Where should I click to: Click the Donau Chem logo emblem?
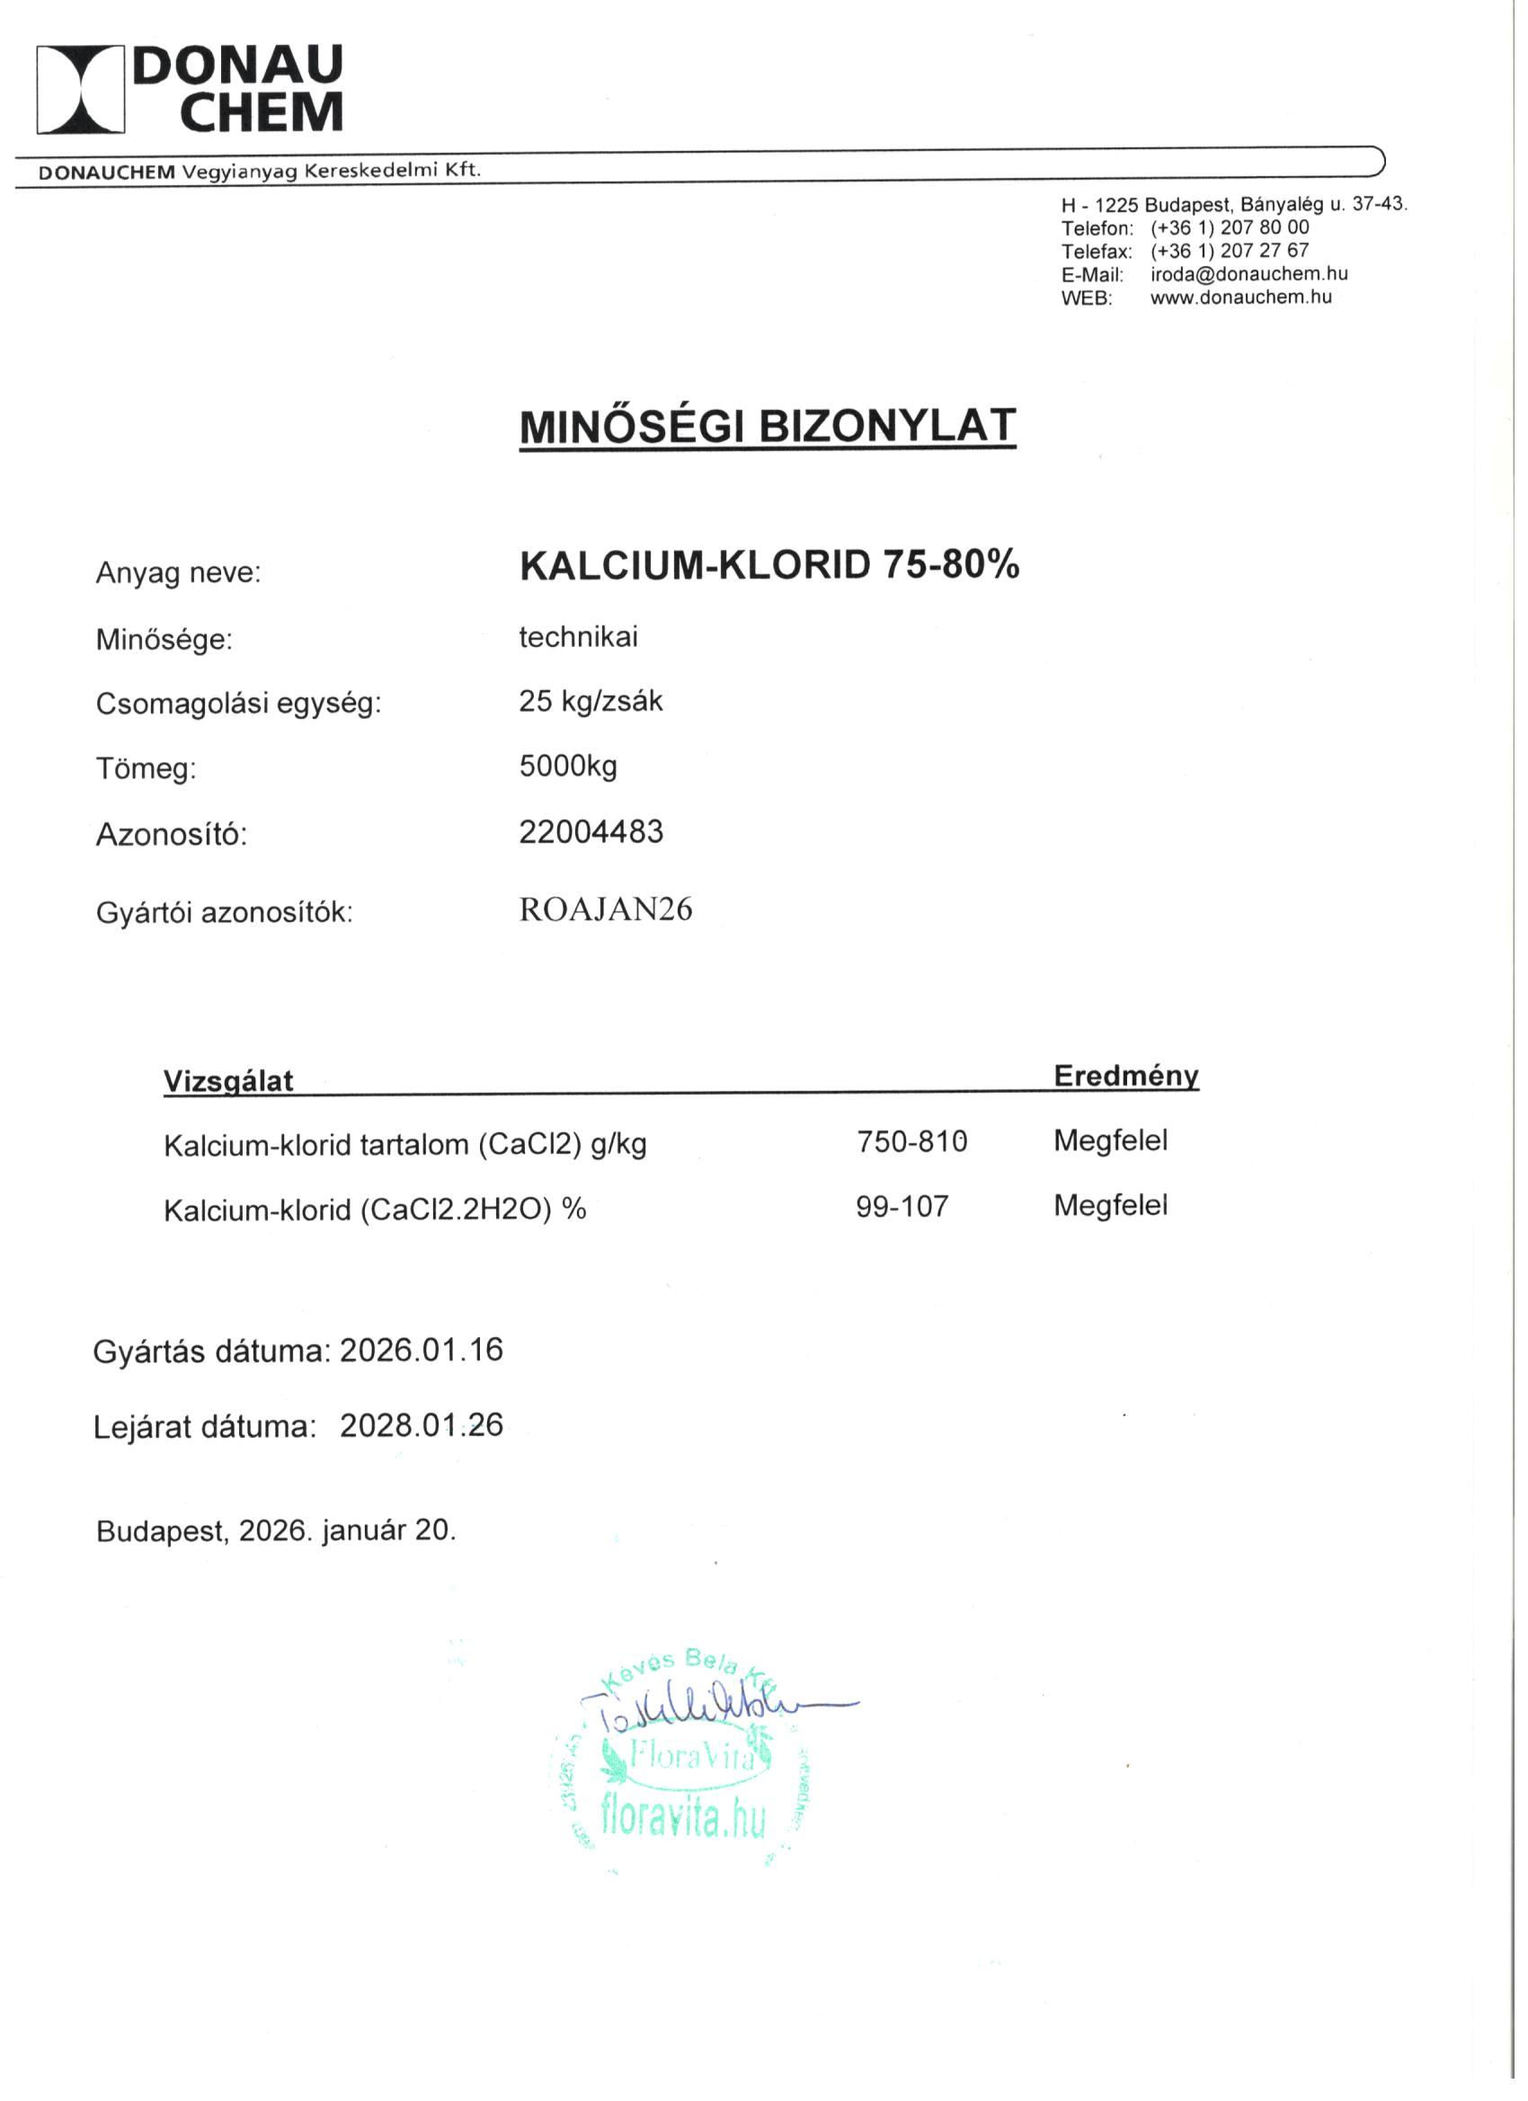point(81,89)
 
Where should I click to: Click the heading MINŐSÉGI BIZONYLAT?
point(768,426)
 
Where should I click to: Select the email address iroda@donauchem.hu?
point(1248,274)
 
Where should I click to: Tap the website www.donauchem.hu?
point(1240,297)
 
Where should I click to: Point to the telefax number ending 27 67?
point(1230,251)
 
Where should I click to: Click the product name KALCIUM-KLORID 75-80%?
point(769,565)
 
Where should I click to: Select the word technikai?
point(578,637)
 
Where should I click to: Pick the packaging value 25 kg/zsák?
point(591,701)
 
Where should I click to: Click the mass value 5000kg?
point(568,767)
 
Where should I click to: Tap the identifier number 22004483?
point(591,832)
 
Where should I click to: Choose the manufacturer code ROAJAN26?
point(605,909)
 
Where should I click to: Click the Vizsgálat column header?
point(228,1080)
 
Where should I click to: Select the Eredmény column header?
point(1126,1076)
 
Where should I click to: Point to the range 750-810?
point(911,1141)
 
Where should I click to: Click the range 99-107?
point(902,1206)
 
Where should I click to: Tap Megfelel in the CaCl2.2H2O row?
point(1110,1205)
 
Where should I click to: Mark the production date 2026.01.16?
point(421,1350)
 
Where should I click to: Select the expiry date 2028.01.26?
point(421,1424)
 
